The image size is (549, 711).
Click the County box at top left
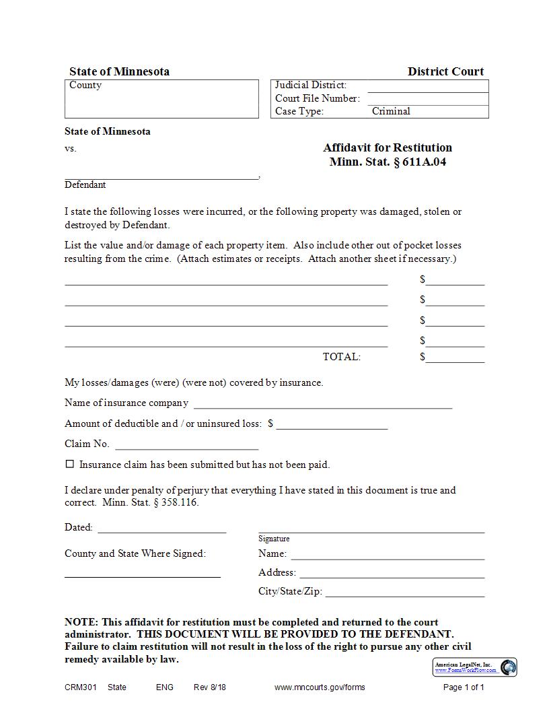click(161, 99)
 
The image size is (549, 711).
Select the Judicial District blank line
click(428, 87)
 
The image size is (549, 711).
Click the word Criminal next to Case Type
click(391, 111)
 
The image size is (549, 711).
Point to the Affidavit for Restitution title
click(388, 147)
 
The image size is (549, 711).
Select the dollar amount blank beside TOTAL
click(455, 358)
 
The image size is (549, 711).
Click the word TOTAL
click(342, 357)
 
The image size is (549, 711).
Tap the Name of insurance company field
click(323, 404)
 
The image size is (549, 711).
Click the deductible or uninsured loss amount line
click(332, 425)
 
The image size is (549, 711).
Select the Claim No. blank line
click(187, 445)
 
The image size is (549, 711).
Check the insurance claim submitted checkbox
click(69, 464)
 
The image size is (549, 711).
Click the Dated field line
click(162, 529)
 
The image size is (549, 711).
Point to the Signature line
click(371, 529)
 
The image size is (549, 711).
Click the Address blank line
click(392, 574)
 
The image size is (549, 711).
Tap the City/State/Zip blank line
click(405, 592)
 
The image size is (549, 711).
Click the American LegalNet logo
click(474, 667)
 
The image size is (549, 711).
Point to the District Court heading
click(445, 71)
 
